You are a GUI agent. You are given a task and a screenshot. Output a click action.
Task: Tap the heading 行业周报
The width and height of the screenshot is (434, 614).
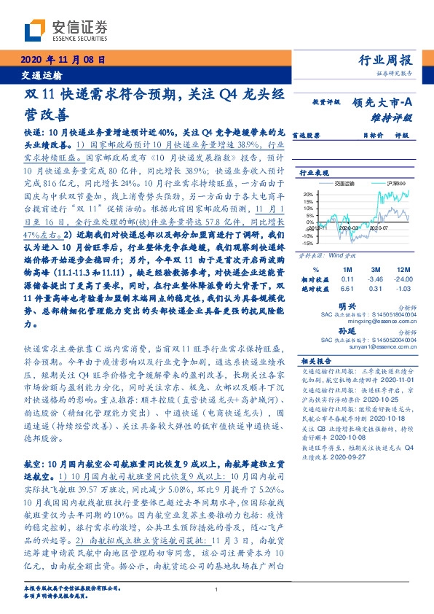(387, 61)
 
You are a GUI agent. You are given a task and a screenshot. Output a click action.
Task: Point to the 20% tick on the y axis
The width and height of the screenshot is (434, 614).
(308, 195)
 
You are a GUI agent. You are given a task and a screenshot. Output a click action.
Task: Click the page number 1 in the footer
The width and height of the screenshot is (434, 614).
(217, 590)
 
